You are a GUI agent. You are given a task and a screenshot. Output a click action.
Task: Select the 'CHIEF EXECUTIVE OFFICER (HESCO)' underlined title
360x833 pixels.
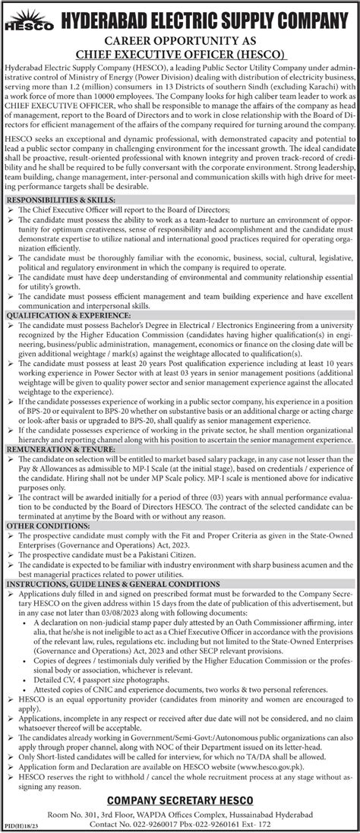pos(180,54)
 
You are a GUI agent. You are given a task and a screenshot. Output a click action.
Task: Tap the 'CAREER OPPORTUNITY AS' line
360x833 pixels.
pos(180,40)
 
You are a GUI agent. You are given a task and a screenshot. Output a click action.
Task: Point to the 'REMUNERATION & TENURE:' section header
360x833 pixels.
pos(52,470)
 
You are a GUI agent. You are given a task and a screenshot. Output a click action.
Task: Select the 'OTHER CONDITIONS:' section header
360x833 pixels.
pos(39,549)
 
